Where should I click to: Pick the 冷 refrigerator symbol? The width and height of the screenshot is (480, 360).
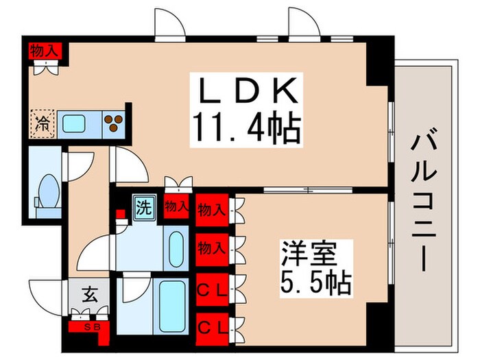[x=43, y=125]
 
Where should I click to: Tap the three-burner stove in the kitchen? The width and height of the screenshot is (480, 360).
[x=114, y=124]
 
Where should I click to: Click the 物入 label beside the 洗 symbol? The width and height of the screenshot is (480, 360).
[x=177, y=206]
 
